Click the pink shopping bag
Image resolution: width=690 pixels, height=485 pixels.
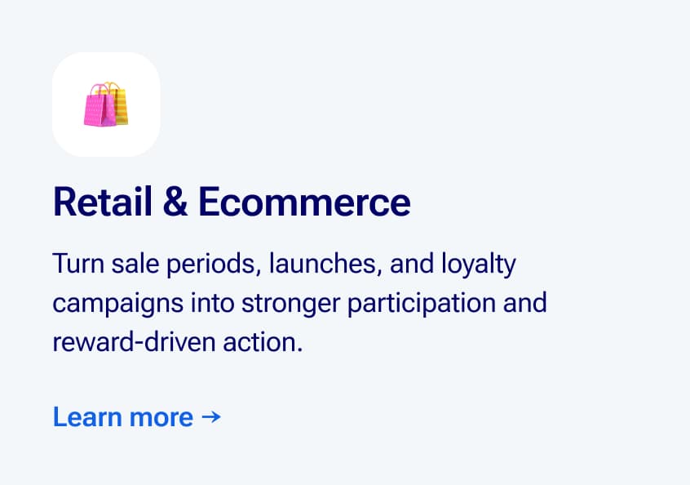[100, 108]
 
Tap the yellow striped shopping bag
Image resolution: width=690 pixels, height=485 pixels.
[121, 105]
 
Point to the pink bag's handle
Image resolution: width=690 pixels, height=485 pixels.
[101, 89]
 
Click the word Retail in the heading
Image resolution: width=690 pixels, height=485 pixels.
[103, 202]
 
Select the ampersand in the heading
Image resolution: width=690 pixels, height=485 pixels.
[175, 202]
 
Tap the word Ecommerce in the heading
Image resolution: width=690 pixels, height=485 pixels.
[304, 202]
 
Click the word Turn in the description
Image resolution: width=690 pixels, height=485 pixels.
[78, 264]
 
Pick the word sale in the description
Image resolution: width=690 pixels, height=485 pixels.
[135, 264]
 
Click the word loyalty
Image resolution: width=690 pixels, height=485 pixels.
[479, 265]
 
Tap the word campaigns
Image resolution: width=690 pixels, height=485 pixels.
[118, 304]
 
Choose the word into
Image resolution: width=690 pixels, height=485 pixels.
[212, 303]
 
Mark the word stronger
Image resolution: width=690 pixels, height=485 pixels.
[291, 304]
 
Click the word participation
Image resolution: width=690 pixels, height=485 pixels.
[422, 304]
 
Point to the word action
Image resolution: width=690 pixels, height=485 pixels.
[263, 342]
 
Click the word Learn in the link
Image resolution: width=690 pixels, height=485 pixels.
[87, 416]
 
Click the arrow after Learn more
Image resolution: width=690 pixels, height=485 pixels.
[211, 416]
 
